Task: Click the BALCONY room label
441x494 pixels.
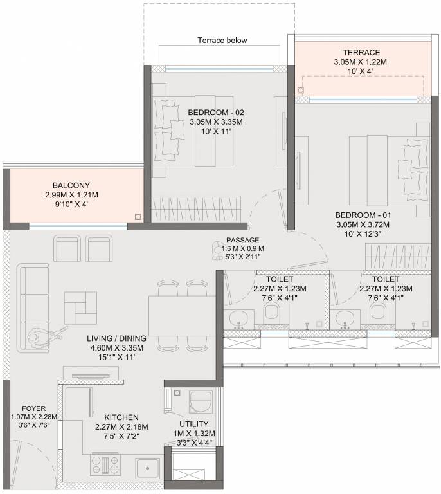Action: click(x=71, y=185)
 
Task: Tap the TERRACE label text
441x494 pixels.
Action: click(x=361, y=52)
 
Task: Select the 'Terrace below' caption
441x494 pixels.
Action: click(x=222, y=41)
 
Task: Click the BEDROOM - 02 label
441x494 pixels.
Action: click(x=216, y=113)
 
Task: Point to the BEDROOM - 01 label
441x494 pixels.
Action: click(x=363, y=215)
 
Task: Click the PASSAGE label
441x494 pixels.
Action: click(x=243, y=240)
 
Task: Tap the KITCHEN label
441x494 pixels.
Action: click(x=122, y=417)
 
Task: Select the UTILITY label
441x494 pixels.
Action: click(x=194, y=424)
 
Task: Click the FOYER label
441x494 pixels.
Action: click(x=33, y=408)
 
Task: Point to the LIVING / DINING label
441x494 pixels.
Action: click(x=116, y=338)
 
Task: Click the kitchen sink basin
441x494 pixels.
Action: click(x=148, y=468)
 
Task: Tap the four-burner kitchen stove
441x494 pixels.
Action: click(x=105, y=464)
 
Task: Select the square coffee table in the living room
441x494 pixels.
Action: click(x=80, y=308)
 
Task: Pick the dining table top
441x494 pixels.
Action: click(x=183, y=316)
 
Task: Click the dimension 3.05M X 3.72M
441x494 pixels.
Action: click(x=363, y=224)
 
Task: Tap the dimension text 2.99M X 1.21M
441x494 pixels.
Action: click(x=71, y=195)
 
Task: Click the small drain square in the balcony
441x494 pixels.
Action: click(x=138, y=217)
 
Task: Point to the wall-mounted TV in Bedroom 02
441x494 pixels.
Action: click(x=284, y=131)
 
